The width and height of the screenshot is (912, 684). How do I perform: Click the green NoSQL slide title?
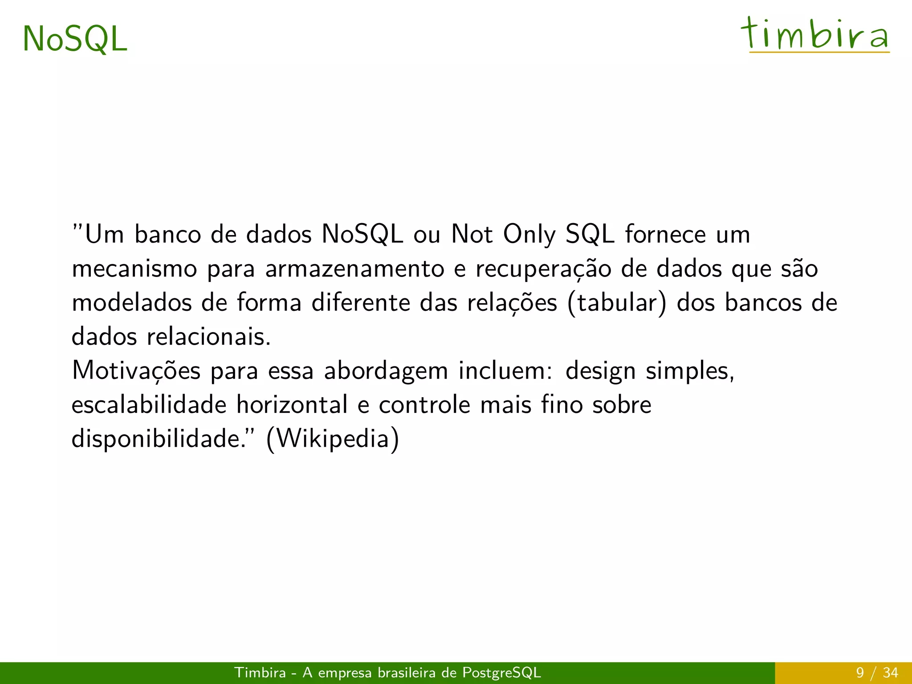pyautogui.click(x=75, y=39)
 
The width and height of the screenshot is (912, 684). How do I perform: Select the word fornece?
pyautogui.click(x=665, y=234)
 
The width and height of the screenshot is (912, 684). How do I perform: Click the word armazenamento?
pyautogui.click(x=354, y=269)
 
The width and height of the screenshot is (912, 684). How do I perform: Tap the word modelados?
pyautogui.click(x=132, y=303)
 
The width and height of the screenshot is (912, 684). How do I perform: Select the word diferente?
pyautogui.click(x=361, y=303)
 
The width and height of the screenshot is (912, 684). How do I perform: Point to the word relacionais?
pyautogui.click(x=208, y=337)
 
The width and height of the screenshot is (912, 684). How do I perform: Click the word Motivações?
pyautogui.click(x=136, y=371)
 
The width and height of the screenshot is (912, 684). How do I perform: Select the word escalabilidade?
pyautogui.click(x=149, y=405)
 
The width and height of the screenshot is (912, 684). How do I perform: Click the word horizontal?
pyautogui.click(x=292, y=405)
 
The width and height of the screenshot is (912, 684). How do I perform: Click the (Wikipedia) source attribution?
pyautogui.click(x=333, y=439)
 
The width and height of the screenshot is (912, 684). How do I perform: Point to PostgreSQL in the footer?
pyautogui.click(x=501, y=673)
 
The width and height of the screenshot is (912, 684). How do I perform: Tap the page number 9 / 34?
pyautogui.click(x=877, y=673)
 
